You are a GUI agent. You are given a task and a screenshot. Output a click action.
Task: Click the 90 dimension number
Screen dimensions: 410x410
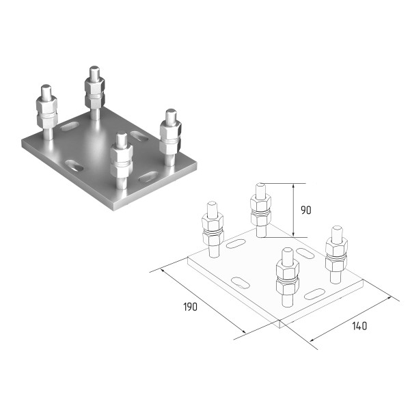point(306,210)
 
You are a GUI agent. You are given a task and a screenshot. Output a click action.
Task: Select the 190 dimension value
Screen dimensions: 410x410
point(191,307)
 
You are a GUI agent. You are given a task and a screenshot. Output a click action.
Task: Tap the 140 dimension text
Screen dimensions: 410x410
point(359,326)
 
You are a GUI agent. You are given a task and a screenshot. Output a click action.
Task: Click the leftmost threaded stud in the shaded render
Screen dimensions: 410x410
point(46,112)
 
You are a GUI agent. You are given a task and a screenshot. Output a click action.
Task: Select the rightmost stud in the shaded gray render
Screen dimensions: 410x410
point(170,137)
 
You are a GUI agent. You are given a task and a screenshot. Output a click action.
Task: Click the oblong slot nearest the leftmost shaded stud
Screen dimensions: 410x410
point(70,126)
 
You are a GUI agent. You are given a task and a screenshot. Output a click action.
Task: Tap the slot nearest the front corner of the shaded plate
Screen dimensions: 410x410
point(149,177)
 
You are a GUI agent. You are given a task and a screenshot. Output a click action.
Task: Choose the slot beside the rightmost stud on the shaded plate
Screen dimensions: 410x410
point(139,136)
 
